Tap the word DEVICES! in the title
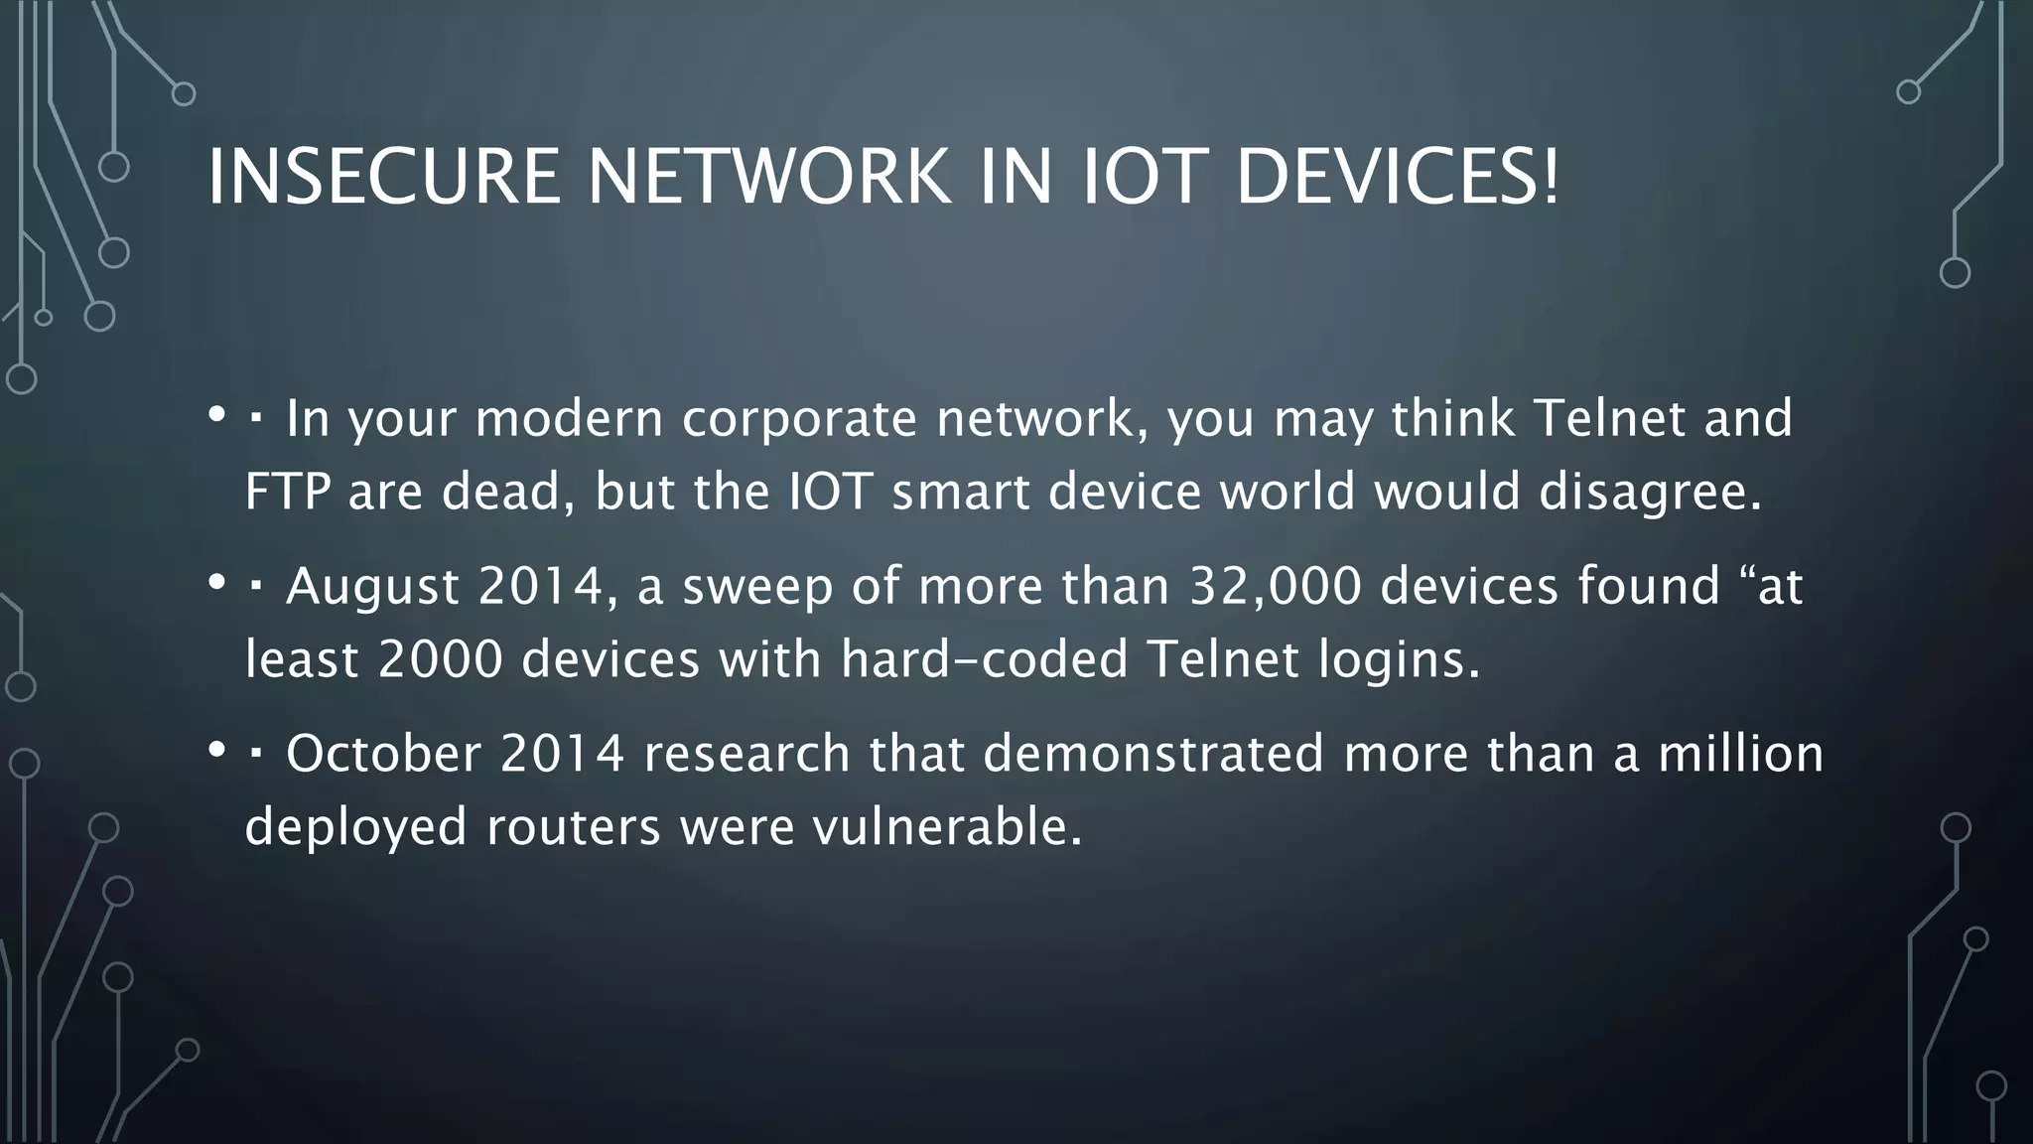[1398, 177]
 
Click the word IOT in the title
[1145, 177]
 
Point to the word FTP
[287, 491]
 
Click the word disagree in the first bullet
[1649, 493]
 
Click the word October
[383, 753]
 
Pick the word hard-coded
[984, 658]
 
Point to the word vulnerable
[947, 826]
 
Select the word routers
[573, 826]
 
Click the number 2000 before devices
[441, 658]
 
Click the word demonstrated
[1153, 753]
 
